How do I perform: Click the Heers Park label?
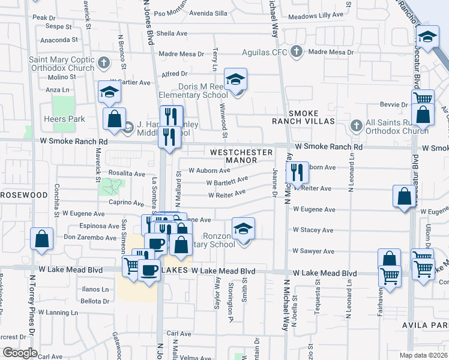pyautogui.click(x=62, y=119)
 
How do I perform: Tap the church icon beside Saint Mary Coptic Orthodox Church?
pyautogui.click(x=103, y=62)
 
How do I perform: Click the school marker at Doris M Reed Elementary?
pyautogui.click(x=236, y=79)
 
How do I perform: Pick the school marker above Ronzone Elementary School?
pyautogui.click(x=243, y=229)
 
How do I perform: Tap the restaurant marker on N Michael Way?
pyautogui.click(x=297, y=173)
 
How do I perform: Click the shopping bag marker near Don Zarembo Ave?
pyautogui.click(x=42, y=239)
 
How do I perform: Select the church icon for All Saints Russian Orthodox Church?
pyautogui.click(x=356, y=125)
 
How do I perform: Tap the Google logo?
pyautogui.click(x=20, y=352)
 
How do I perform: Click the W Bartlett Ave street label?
pyautogui.click(x=227, y=181)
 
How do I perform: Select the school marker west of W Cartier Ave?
pyautogui.click(x=110, y=91)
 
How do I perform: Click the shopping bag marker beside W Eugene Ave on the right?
pyautogui.click(x=405, y=196)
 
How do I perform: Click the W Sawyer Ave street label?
pyautogui.click(x=313, y=251)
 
